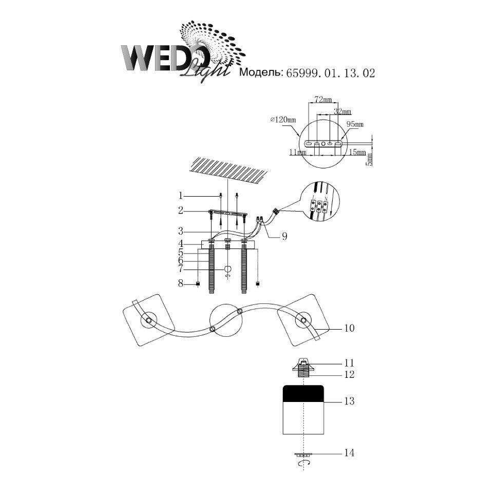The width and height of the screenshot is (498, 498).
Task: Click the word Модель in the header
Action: (261, 73)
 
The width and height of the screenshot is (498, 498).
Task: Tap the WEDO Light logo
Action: (175, 54)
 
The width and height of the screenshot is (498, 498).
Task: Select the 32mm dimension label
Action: (342, 111)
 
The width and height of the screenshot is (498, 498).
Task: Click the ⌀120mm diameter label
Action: (283, 120)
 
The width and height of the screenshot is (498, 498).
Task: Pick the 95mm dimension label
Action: (354, 124)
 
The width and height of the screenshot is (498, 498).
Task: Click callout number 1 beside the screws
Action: (181, 195)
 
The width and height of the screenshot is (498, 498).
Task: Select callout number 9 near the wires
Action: (284, 236)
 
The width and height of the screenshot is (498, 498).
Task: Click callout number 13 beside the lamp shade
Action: (349, 401)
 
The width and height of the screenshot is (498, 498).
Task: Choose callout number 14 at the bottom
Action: (349, 453)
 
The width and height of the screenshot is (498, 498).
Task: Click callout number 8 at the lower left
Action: (181, 283)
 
